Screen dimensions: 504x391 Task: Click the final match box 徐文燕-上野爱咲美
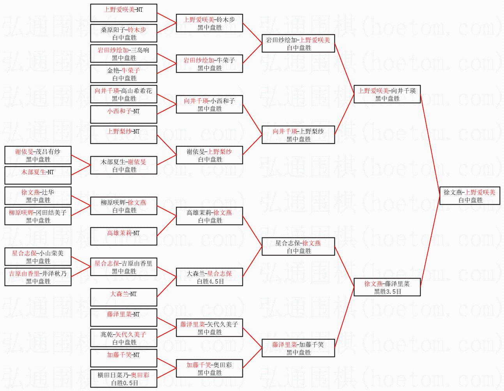[x=470, y=196]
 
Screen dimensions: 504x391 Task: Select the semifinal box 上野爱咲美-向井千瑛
[x=387, y=94]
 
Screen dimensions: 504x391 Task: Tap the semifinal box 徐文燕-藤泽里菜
[x=387, y=287]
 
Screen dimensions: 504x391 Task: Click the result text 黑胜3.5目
[x=387, y=291]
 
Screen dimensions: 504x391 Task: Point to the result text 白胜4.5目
[x=210, y=281]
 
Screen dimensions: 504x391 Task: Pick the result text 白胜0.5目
[x=124, y=383]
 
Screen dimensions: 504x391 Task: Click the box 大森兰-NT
[x=124, y=297]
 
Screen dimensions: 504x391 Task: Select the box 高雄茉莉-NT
[x=124, y=236]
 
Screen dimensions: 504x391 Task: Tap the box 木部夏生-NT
[x=38, y=175]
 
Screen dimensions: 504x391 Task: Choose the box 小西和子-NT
[x=124, y=114]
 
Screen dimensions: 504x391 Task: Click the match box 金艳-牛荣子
[x=124, y=74]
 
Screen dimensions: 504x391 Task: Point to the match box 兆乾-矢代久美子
[x=124, y=338]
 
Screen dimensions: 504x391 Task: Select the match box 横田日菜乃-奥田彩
[x=124, y=379]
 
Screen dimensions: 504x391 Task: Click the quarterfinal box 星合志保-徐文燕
[x=298, y=246]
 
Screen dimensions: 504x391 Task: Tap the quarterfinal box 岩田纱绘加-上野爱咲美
[x=298, y=43]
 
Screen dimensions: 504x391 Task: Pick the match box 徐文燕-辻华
[x=38, y=196]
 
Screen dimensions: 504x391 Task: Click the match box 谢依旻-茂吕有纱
[x=38, y=155]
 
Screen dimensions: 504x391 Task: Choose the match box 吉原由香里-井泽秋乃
[x=38, y=277]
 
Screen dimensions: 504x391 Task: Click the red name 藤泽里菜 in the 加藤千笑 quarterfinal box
[x=285, y=345]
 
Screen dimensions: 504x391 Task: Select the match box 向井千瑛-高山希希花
[x=124, y=94]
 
